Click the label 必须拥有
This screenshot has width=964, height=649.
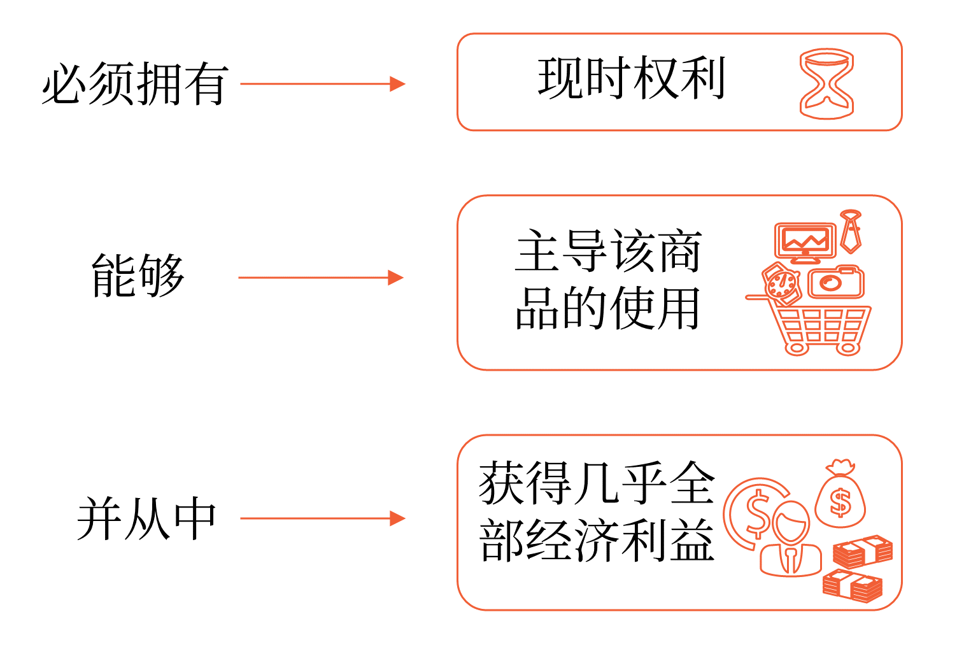click(x=134, y=83)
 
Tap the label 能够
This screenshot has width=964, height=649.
click(x=138, y=276)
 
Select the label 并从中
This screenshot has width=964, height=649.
click(x=146, y=519)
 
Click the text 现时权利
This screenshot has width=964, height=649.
click(x=631, y=78)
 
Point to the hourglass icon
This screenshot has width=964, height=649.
click(x=826, y=83)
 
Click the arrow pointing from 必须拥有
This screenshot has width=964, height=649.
click(x=322, y=83)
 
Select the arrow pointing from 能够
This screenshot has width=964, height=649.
click(x=320, y=278)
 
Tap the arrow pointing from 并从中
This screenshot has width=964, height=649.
click(x=322, y=518)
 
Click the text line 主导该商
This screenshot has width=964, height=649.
click(x=608, y=252)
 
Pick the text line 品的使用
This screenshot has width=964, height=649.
click(x=608, y=308)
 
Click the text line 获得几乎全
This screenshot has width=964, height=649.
click(x=597, y=483)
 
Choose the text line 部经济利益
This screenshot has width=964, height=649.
click(x=597, y=540)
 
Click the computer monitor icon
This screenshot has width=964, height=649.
click(x=805, y=243)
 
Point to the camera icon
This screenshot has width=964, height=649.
click(x=836, y=282)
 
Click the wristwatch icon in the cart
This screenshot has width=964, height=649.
click(x=782, y=283)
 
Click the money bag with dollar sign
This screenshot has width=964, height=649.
click(x=840, y=497)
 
